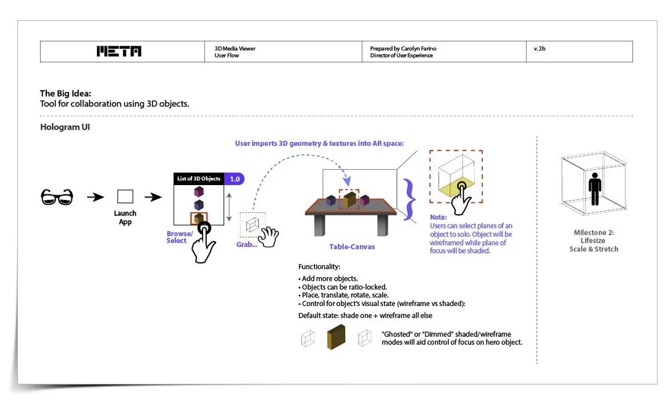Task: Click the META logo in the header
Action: click(119, 51)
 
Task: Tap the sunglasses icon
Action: click(57, 197)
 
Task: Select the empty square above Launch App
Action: click(125, 197)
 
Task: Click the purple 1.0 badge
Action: click(234, 179)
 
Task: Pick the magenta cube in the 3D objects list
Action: click(199, 191)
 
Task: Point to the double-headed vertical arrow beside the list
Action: click(229, 207)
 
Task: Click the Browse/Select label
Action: click(180, 237)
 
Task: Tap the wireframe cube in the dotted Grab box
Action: click(251, 225)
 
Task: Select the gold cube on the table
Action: click(349, 199)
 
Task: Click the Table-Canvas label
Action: click(352, 247)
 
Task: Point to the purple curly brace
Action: click(409, 199)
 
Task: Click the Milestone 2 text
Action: click(593, 233)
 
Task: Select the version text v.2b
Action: click(540, 48)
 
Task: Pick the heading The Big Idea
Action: click(65, 94)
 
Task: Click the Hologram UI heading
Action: click(65, 127)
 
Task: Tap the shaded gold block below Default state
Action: click(336, 337)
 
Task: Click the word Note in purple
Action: click(438, 218)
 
